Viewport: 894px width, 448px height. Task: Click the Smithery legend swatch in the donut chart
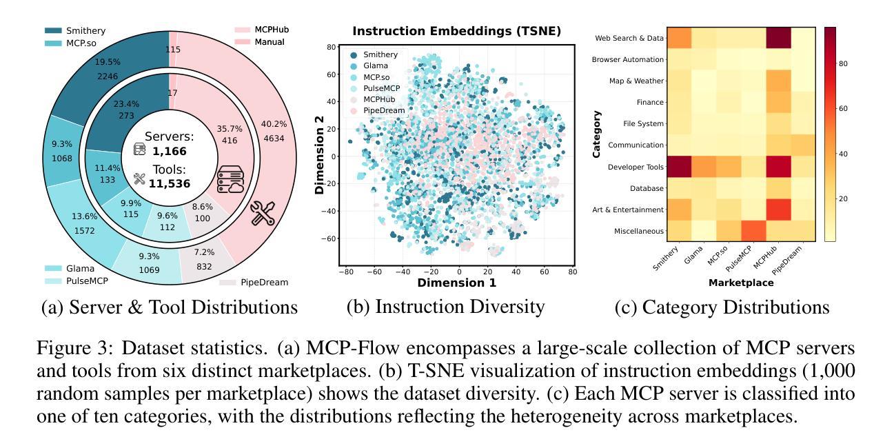(x=53, y=30)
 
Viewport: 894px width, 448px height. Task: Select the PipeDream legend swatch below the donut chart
(x=227, y=282)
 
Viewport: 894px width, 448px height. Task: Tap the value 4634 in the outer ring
(x=273, y=138)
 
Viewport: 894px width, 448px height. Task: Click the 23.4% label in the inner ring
(x=125, y=103)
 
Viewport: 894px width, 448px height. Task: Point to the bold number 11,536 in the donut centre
(x=169, y=184)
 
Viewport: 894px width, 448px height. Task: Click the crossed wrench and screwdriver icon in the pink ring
(x=263, y=213)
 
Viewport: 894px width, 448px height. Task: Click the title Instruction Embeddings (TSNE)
(x=456, y=31)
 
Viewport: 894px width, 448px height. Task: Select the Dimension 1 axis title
(x=456, y=283)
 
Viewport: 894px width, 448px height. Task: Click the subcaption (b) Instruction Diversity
(x=445, y=307)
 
